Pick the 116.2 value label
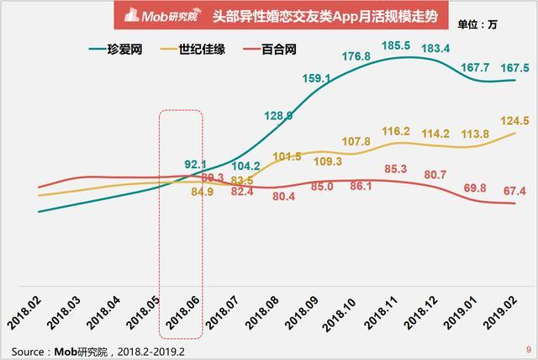coord(396,131)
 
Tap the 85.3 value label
coord(396,169)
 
